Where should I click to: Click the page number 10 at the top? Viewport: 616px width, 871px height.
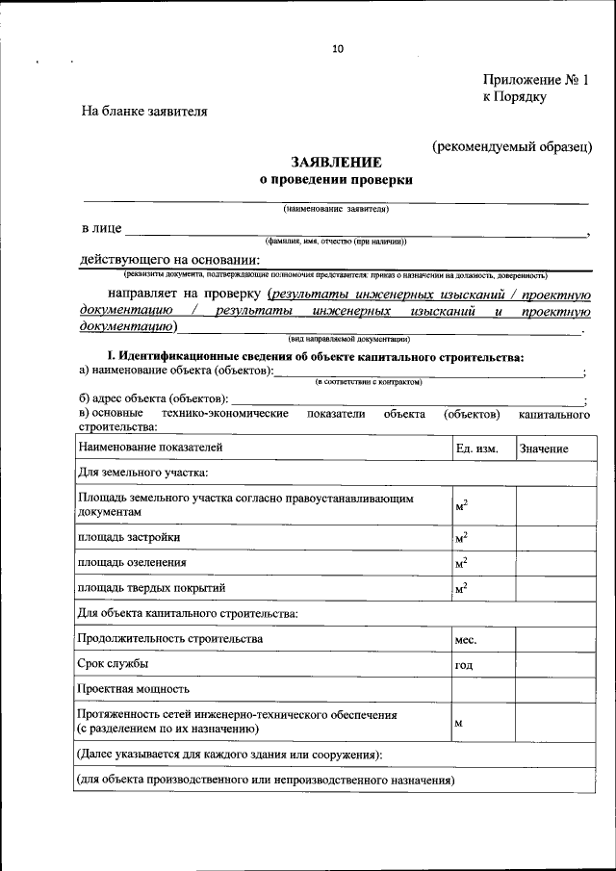point(336,48)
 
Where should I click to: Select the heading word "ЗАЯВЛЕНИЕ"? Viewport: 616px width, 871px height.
point(336,163)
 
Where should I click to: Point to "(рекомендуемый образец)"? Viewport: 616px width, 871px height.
point(512,145)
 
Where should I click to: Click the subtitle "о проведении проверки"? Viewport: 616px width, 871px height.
point(336,179)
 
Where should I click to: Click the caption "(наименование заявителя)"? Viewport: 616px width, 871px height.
point(336,209)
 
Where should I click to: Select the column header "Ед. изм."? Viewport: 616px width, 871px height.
point(476,448)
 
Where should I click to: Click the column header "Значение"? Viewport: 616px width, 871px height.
point(544,448)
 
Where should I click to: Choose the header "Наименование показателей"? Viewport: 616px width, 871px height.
point(150,448)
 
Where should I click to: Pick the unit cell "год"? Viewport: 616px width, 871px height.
point(464,664)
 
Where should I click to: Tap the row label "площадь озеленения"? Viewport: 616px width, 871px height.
point(133,562)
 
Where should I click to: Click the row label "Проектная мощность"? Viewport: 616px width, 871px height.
point(134,689)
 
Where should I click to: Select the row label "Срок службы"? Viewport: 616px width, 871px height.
point(114,663)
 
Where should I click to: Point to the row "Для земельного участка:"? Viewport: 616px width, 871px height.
point(143,473)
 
